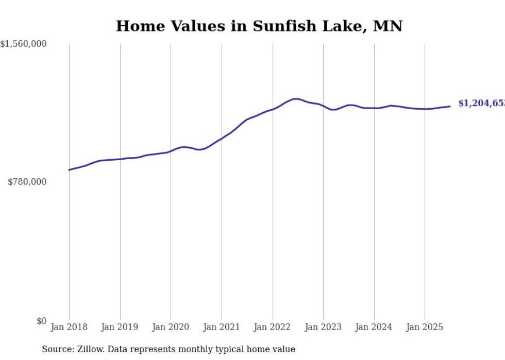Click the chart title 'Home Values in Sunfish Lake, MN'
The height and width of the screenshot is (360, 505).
point(259,26)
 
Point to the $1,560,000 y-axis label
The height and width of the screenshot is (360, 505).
point(24,45)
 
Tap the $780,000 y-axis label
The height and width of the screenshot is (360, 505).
point(27,182)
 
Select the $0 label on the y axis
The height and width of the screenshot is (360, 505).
point(41,321)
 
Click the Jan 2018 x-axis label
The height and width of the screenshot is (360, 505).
point(69,327)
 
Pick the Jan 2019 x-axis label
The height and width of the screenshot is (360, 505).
point(120,327)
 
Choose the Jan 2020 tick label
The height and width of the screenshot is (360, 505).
point(171,327)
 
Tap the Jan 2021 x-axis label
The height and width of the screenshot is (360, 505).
point(222,327)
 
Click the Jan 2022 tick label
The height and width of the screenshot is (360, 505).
point(273,327)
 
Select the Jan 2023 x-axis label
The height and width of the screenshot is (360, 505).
point(323,327)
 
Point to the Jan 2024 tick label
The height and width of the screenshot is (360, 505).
point(374,327)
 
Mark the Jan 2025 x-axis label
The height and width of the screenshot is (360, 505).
point(425,327)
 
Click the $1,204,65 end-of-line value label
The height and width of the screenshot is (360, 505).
point(481,104)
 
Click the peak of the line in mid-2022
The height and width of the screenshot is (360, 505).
point(295,98)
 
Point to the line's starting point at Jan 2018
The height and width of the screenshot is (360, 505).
point(69,169)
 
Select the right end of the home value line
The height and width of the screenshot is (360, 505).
point(450,106)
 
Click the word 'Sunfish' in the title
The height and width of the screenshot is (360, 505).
point(280,26)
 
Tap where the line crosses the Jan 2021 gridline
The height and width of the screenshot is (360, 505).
point(222,139)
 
